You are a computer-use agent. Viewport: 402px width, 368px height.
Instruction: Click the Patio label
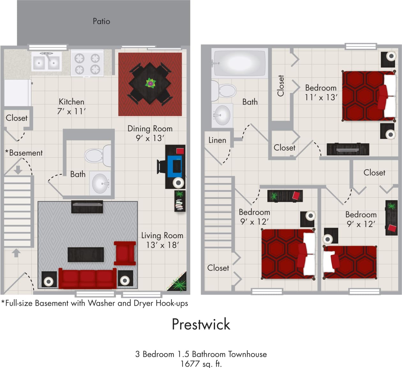coord(101,21)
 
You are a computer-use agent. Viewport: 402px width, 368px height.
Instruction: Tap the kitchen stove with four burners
coord(87,63)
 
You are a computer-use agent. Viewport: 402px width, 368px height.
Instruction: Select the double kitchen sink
coord(46,62)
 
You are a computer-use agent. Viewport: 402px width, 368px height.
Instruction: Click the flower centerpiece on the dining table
coord(150,83)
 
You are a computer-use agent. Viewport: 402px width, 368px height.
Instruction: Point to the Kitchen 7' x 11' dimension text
coord(71,106)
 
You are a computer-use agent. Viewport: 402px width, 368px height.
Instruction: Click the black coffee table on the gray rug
coord(86,255)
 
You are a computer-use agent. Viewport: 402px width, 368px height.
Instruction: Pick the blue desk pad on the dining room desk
coord(175,166)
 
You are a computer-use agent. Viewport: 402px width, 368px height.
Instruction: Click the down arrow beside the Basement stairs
coord(18,169)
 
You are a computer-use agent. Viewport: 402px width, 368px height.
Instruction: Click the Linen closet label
coord(217,140)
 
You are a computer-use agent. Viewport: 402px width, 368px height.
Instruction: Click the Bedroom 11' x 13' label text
coord(321,92)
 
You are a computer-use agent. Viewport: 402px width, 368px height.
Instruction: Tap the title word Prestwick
coord(201,324)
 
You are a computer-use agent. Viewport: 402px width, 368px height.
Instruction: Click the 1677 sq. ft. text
coord(201,364)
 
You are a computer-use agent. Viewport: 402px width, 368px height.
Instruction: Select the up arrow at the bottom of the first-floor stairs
coord(16,253)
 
